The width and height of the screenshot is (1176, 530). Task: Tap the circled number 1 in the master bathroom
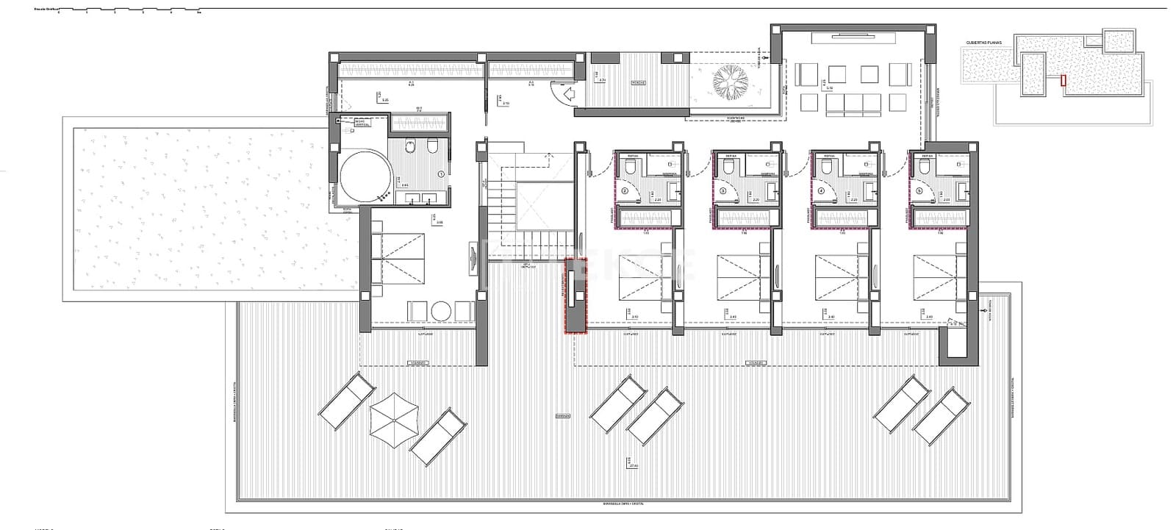tap(440, 174)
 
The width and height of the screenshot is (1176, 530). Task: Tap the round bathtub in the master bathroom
tap(364, 176)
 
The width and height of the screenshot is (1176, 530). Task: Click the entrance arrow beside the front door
tap(567, 93)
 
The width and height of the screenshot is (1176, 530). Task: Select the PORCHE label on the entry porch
tap(637, 83)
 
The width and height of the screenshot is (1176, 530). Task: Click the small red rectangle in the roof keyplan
tap(1062, 80)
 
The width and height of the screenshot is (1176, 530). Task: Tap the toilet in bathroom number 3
tap(728, 168)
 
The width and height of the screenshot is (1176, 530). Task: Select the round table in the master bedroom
tap(442, 311)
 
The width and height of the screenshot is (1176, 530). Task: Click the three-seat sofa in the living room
tap(855, 105)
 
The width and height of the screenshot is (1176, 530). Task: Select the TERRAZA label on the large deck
tap(564, 415)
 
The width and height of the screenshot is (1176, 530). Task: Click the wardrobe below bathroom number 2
tap(645, 218)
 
